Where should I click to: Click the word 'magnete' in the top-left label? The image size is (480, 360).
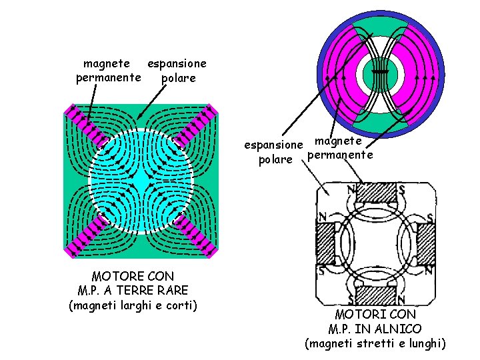pos(107,64)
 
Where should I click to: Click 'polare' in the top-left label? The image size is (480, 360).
pos(179,78)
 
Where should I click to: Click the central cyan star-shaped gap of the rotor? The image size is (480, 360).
pos(141,181)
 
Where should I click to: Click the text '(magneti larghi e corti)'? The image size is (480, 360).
pos(133,305)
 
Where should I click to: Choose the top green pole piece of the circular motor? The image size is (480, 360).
pos(381,30)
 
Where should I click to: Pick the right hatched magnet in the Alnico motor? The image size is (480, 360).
pos(427,243)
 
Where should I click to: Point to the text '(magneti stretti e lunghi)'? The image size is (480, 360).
pos(375,344)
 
